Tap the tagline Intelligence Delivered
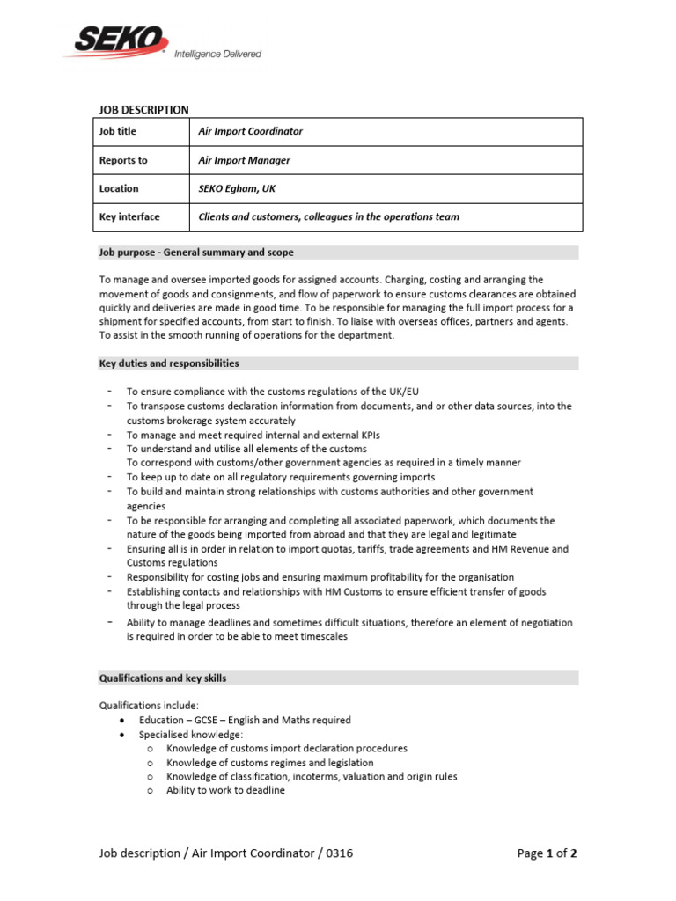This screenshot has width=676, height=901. click(x=217, y=54)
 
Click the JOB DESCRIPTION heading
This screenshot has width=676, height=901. click(x=143, y=110)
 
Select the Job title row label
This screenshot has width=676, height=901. click(x=118, y=131)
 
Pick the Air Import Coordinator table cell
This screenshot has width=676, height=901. click(x=250, y=131)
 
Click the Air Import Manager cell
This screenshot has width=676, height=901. click(x=244, y=160)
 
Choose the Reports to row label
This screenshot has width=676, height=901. click(x=123, y=160)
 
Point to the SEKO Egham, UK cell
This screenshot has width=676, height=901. click(x=237, y=188)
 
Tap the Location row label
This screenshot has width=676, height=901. click(x=119, y=188)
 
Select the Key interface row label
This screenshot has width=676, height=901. click(x=129, y=216)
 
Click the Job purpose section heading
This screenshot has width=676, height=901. click(x=181, y=253)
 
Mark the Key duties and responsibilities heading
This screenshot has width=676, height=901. click(x=168, y=363)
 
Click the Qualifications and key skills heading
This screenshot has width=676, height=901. click(x=162, y=678)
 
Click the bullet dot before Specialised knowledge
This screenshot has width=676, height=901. click(x=120, y=735)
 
